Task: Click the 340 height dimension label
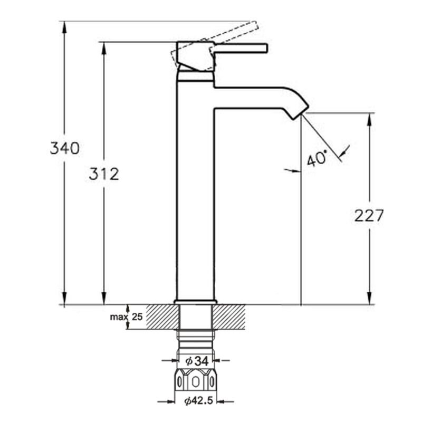[65, 148]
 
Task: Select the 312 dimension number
[104, 174]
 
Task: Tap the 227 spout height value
[368, 216]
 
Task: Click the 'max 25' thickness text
[126, 317]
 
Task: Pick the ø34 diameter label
[197, 361]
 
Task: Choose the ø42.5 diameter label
[199, 401]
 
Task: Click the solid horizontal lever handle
[241, 47]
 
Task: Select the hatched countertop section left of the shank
[162, 317]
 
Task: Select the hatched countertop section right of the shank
[229, 317]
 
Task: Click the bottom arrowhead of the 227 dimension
[369, 299]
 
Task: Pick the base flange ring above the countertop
[195, 302]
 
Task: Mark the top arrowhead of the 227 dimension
[369, 119]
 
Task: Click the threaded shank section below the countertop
[196, 342]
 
